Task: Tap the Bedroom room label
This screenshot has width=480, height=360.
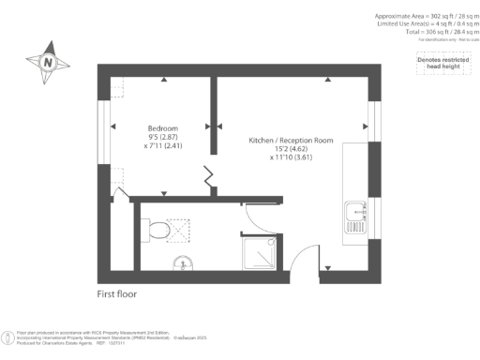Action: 163,127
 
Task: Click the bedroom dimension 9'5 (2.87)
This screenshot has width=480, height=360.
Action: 163,137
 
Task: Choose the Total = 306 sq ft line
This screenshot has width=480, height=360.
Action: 432,31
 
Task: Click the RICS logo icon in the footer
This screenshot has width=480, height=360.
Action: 8,336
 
